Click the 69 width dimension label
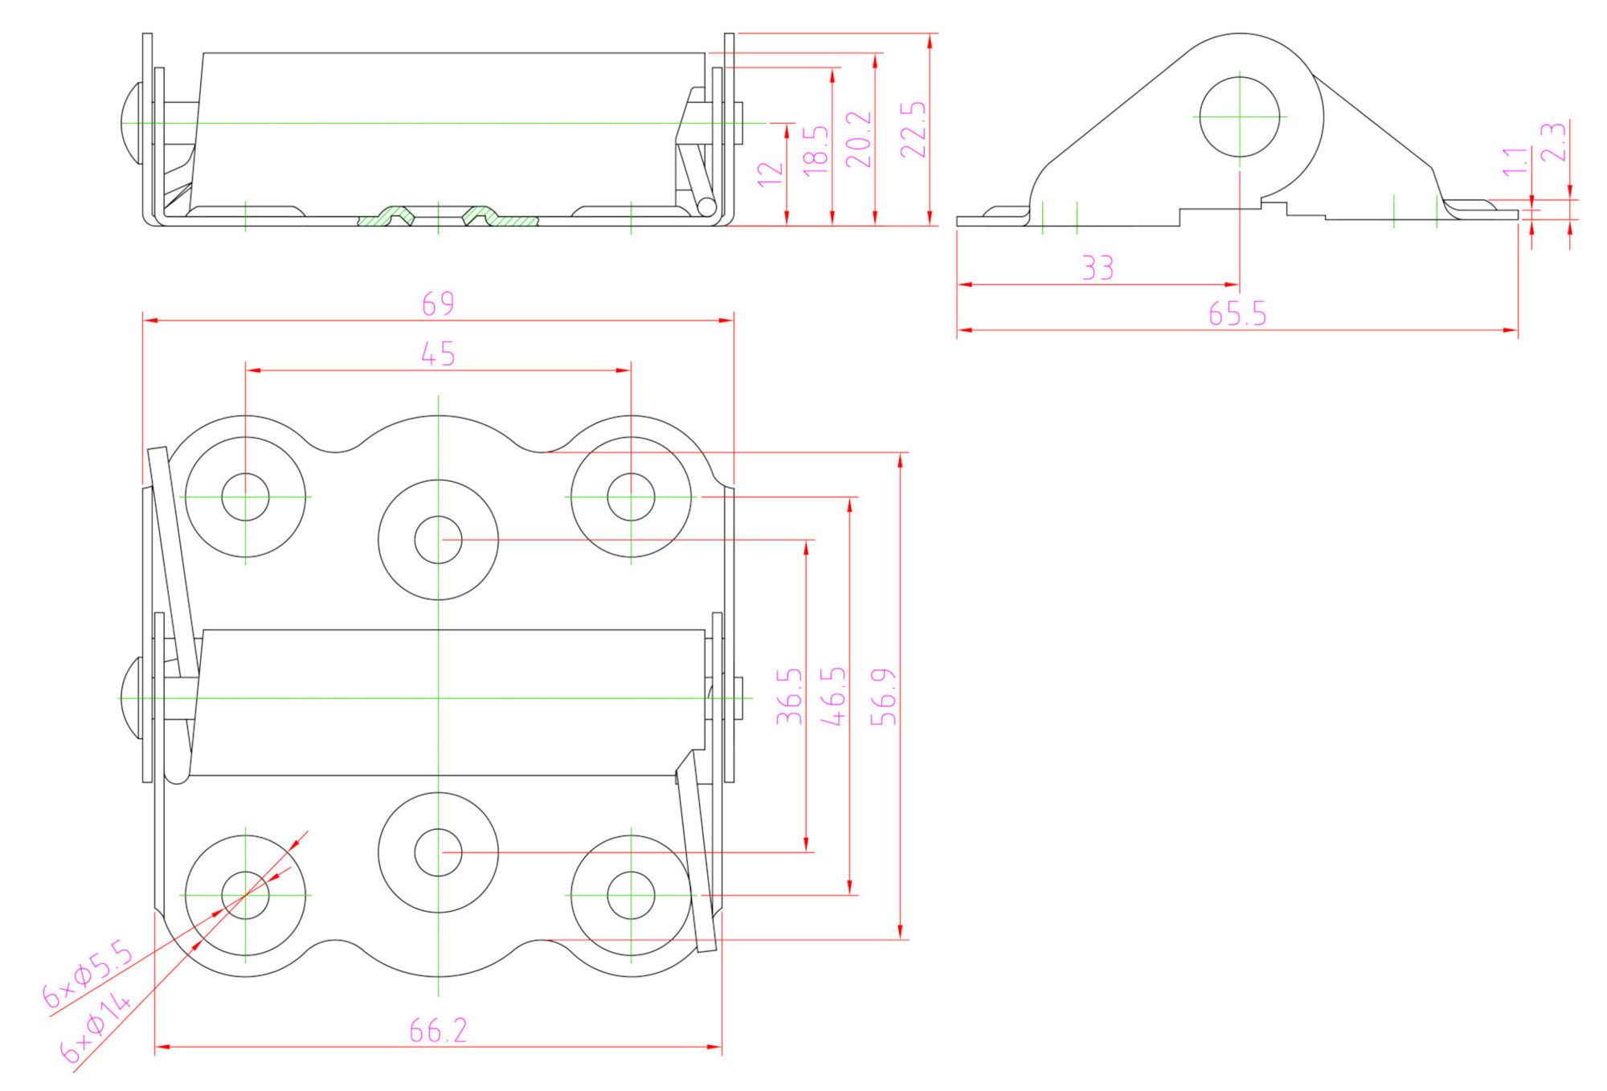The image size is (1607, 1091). [x=438, y=304]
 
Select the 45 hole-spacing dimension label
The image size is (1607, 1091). [x=438, y=353]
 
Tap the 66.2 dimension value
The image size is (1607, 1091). [x=438, y=1031]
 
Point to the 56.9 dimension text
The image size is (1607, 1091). [x=884, y=697]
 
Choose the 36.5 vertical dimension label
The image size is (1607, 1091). [x=790, y=697]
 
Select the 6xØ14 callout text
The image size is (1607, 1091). [x=96, y=1027]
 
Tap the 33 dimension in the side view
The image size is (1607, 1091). [x=1098, y=268]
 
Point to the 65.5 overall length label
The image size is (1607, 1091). [x=1237, y=314]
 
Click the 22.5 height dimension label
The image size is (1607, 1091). [x=914, y=129]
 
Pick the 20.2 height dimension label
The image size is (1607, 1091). [x=859, y=139]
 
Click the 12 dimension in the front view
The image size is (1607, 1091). [x=771, y=174]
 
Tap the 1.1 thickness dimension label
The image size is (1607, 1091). [x=1514, y=161]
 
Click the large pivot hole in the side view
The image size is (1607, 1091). [x=1239, y=116]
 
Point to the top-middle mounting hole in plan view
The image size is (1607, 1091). [x=438, y=540]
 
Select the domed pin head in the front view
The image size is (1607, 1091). [x=129, y=123]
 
